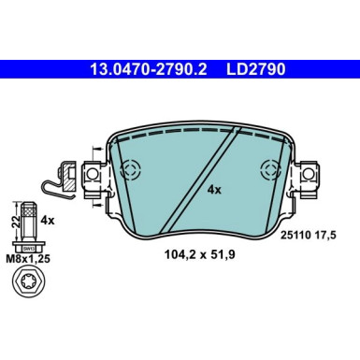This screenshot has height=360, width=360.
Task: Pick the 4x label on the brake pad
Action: pyautogui.click(x=213, y=188)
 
